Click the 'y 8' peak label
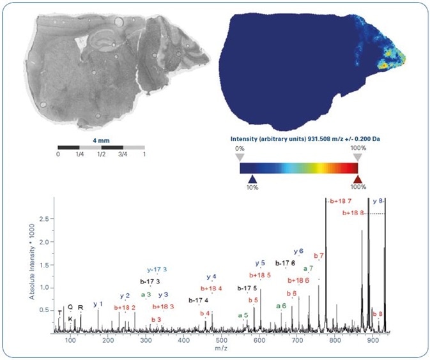(377, 201)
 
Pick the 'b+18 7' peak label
(340, 201)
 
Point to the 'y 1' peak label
(98, 304)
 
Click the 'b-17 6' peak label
(285, 263)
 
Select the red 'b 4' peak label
(204, 313)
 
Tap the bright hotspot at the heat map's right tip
(384, 64)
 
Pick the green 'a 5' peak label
(243, 315)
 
